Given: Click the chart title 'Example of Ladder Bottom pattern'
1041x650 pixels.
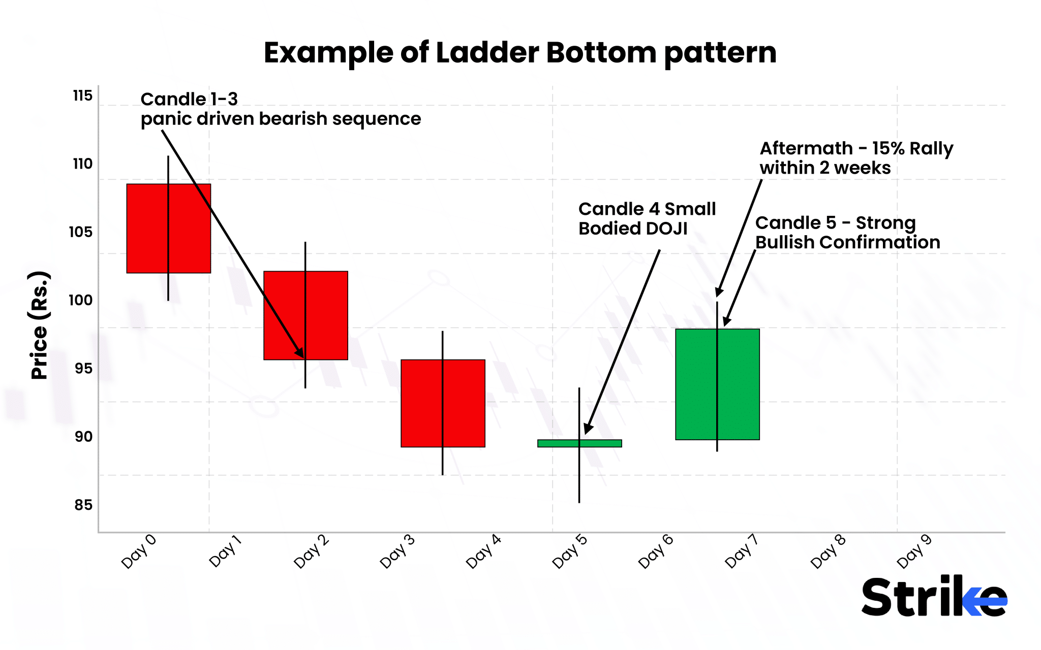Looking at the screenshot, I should (x=520, y=53).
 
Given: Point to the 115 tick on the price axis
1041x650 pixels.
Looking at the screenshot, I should (x=83, y=96).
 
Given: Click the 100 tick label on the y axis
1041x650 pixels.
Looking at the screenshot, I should (x=81, y=300).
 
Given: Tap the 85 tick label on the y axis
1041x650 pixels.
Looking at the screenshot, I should (x=83, y=505).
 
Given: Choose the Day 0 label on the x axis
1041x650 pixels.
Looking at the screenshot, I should (x=139, y=551).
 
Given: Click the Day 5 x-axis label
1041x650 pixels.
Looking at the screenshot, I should (x=570, y=551).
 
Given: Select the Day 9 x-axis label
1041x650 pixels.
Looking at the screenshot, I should (x=914, y=551).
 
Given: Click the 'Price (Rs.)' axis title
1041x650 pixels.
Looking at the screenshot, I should (x=39, y=326).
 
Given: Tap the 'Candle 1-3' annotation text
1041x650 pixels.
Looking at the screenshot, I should (x=189, y=99).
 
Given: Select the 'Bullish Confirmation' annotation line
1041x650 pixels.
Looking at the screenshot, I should (x=847, y=242).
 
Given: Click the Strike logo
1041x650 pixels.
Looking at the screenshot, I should (x=934, y=596).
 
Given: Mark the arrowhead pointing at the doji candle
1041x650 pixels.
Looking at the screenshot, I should (x=587, y=429).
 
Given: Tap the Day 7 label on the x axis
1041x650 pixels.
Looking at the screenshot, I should (x=742, y=551).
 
